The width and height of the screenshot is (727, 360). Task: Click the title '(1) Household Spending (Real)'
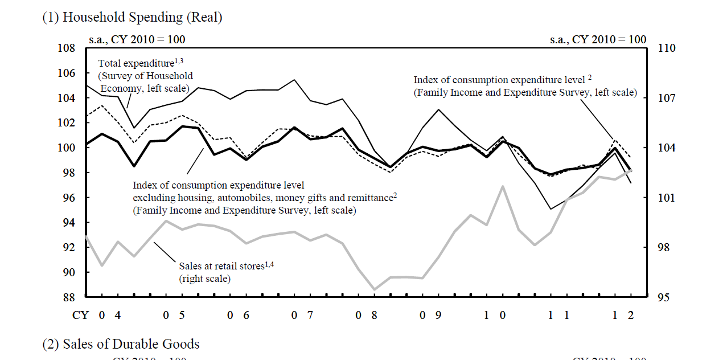132,18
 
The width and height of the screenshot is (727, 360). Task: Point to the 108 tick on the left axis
67,48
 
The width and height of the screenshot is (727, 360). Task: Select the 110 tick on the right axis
667,48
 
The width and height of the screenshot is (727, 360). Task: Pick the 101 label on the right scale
667,198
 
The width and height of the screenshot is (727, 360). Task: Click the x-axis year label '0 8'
367,314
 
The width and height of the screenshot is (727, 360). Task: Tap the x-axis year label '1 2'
623,314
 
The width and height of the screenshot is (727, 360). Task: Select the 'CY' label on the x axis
79,314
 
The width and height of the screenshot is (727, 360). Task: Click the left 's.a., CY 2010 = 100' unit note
137,40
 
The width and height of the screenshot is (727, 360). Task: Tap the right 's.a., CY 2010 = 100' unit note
598,40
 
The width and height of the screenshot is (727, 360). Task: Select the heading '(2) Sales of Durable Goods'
121,344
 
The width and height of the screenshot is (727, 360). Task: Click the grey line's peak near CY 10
503,186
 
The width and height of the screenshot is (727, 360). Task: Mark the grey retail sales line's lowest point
375,289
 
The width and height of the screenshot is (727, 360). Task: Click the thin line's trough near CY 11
551,209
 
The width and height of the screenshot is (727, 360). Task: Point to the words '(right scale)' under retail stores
205,279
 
